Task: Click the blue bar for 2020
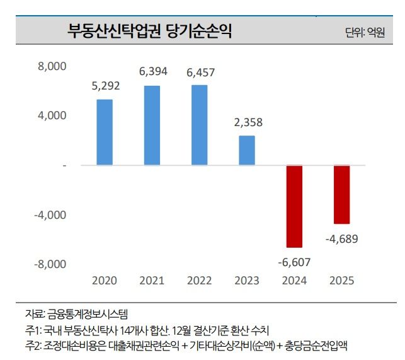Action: (105, 132)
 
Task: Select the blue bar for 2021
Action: (152, 125)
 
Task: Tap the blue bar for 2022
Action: (200, 125)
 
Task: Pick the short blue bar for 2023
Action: (247, 150)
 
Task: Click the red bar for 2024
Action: (294, 206)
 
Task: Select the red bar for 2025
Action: (341, 194)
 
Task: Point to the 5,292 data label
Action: (105, 86)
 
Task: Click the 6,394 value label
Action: (152, 72)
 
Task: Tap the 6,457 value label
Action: (200, 72)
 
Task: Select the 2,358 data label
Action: (248, 122)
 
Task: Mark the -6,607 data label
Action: (294, 261)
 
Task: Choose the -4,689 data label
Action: (342, 239)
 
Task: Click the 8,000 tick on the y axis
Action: (52, 66)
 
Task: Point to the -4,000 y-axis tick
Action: (51, 214)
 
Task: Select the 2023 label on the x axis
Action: (247, 280)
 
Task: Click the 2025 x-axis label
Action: (342, 280)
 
